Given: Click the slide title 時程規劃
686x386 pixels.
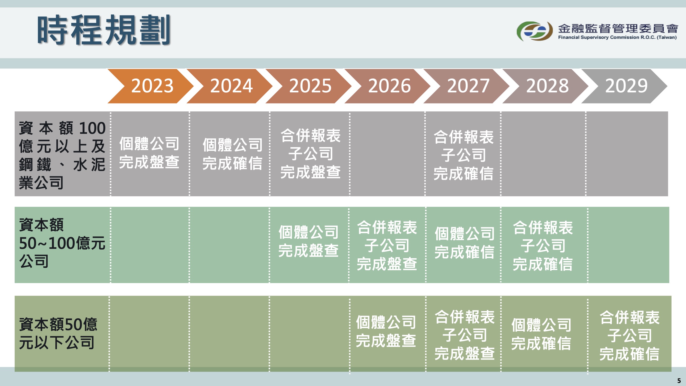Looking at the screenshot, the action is (104, 30).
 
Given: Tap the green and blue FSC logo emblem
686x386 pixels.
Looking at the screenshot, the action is (535, 31).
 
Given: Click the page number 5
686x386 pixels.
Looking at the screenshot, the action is (679, 380).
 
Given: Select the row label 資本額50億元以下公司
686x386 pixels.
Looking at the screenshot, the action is (58, 333).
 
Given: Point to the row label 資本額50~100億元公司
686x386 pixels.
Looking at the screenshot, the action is (62, 243).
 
